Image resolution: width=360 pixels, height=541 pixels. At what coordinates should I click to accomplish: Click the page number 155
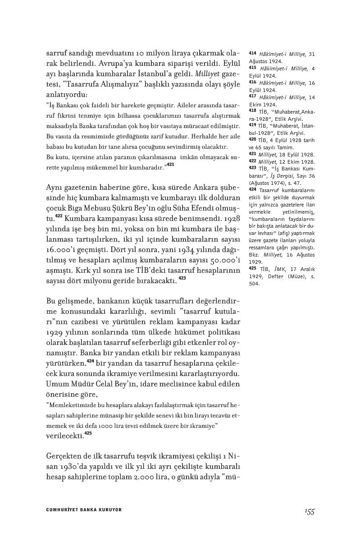click(x=309, y=511)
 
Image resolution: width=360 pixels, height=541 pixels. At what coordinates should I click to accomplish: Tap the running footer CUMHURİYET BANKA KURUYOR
click(x=84, y=510)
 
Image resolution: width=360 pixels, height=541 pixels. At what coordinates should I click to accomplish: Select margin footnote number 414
click(x=252, y=54)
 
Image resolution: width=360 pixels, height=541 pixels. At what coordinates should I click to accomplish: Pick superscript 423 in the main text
click(x=182, y=278)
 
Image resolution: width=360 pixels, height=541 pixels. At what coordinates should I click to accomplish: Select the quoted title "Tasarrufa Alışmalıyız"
click(x=106, y=84)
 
